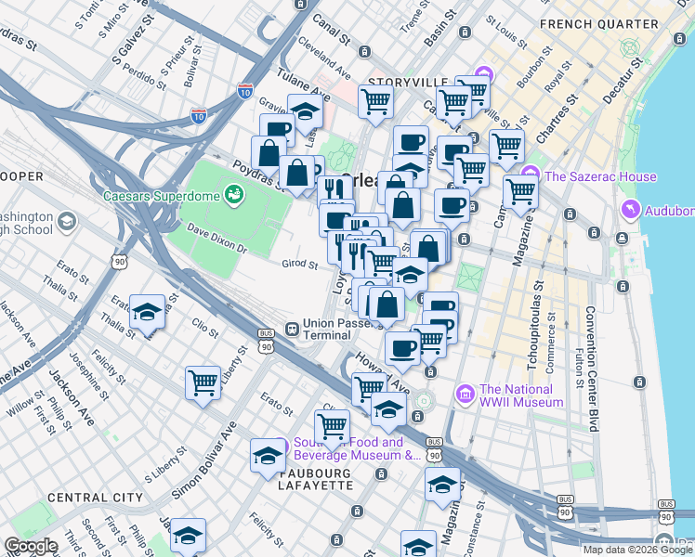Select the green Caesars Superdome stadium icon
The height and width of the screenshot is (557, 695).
[x=233, y=194]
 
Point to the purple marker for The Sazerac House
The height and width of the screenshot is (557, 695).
[x=531, y=175]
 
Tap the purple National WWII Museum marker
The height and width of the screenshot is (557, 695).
[x=465, y=395]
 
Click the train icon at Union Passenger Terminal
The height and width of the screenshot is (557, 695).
[x=292, y=328]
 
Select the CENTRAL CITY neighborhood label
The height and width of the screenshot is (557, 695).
[x=95, y=498]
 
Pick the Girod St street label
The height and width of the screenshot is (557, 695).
[x=300, y=264]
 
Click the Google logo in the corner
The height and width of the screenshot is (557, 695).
[x=32, y=545]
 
